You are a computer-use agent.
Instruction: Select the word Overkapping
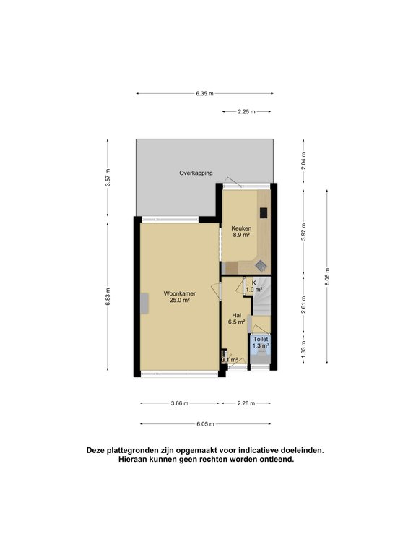[196, 173]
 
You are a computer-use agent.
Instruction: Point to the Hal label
[236, 315]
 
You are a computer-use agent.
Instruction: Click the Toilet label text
[260, 339]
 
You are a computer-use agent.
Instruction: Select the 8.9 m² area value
[240, 235]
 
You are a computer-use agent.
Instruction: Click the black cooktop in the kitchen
[264, 213]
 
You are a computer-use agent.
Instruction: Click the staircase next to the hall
[261, 300]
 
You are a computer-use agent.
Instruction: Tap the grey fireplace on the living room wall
[145, 304]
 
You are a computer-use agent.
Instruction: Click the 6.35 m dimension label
[204, 93]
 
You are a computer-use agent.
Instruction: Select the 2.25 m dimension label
[246, 111]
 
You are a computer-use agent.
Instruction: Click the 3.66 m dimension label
[180, 403]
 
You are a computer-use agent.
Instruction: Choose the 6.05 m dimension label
[204, 424]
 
